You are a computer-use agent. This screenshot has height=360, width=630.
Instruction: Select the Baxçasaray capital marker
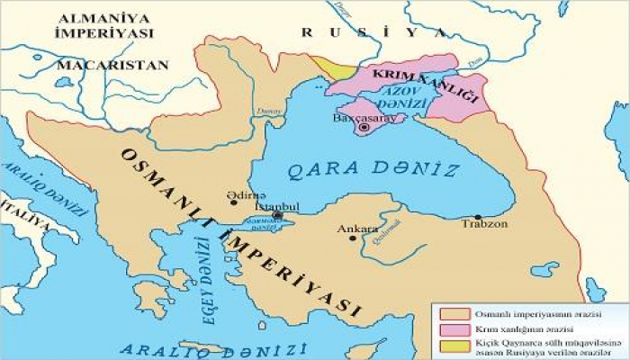click(364, 128)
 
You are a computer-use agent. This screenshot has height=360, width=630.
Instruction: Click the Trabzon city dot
click(477, 217)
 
